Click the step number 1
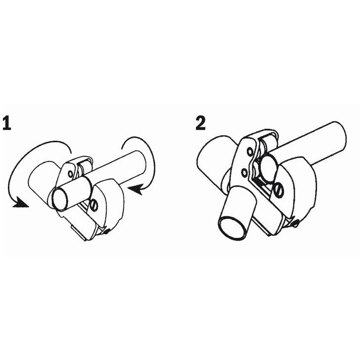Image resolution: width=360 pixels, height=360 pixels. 7,123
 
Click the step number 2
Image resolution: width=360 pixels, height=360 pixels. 200,123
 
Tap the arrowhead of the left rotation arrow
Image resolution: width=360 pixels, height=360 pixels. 21,203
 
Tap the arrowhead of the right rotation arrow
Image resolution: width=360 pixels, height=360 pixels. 135,190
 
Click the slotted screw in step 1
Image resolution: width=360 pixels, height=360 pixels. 94,205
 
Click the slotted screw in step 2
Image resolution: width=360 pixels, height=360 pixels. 279,190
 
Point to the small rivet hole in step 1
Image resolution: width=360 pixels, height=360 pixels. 71,173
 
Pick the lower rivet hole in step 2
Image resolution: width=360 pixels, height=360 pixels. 245,172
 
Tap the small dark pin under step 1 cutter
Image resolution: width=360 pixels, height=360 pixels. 106,233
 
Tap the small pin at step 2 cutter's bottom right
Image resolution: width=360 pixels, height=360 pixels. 296,223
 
